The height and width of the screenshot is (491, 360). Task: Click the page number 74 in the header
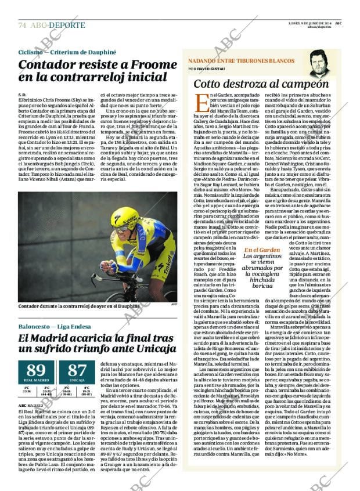(22, 25)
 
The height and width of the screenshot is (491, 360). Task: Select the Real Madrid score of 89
(35, 371)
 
